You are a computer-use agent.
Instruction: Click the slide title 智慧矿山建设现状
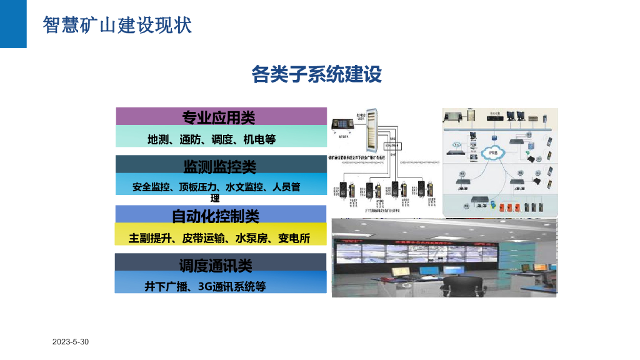pos(117,25)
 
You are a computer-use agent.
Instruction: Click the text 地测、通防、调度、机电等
pos(211,139)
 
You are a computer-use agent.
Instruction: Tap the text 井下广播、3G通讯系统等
pos(206,287)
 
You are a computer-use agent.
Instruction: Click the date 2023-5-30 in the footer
pos(71,342)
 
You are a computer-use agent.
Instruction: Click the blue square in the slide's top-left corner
pos(13,24)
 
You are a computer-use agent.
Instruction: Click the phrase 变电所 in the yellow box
pos(294,238)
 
